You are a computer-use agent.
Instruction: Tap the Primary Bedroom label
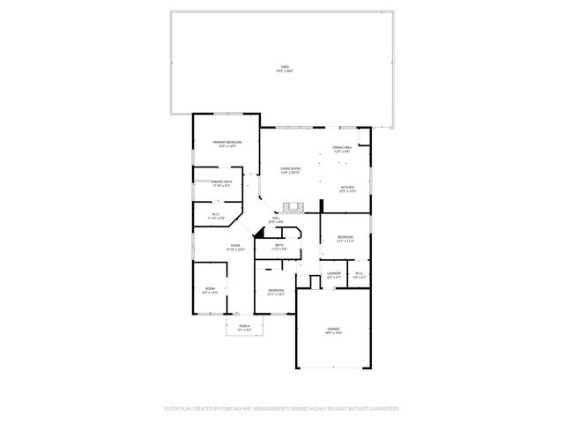(x=226, y=144)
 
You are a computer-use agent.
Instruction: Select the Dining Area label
(x=342, y=149)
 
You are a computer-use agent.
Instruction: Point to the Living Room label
(x=291, y=170)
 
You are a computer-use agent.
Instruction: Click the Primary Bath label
(x=221, y=183)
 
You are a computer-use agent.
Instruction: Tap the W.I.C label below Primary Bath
(x=216, y=215)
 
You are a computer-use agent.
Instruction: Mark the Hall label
(x=276, y=219)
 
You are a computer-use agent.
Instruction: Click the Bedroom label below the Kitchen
(x=345, y=239)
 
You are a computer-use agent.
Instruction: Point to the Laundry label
(x=334, y=275)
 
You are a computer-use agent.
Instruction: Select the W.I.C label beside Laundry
(x=360, y=275)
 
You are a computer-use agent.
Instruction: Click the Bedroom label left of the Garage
(x=276, y=292)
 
